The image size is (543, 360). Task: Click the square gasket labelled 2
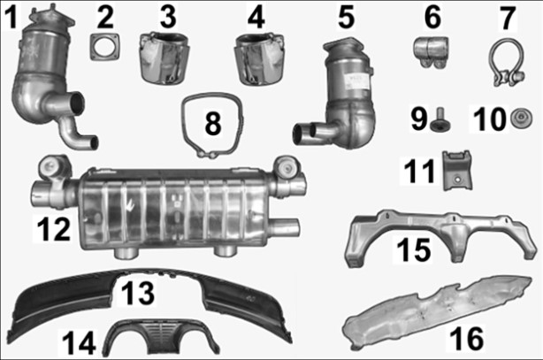coord(105,47)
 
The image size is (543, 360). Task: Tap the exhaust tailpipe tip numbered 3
coord(164,58)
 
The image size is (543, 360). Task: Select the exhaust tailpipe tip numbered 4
coord(259,59)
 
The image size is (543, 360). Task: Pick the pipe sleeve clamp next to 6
coord(432,51)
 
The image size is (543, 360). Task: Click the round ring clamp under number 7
coord(507,63)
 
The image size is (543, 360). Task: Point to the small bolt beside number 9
coord(440,120)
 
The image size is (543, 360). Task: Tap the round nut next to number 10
coord(522,118)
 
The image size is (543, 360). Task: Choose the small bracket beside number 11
coord(458,170)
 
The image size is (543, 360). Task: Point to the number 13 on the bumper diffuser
coord(138,293)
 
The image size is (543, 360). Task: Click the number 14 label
coord(79,342)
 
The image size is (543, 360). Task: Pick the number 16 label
coord(466,338)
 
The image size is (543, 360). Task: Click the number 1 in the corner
coord(12,18)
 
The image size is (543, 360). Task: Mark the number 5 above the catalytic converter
coord(347,18)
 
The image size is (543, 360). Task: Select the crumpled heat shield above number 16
coord(432,312)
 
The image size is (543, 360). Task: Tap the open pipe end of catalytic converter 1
coord(77,103)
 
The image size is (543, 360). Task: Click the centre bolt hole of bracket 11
coord(458,180)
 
